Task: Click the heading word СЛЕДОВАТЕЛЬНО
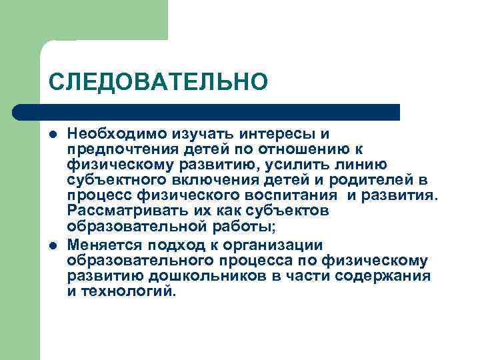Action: click(158, 82)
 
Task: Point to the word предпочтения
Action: click(122, 150)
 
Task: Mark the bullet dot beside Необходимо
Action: click(51, 135)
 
